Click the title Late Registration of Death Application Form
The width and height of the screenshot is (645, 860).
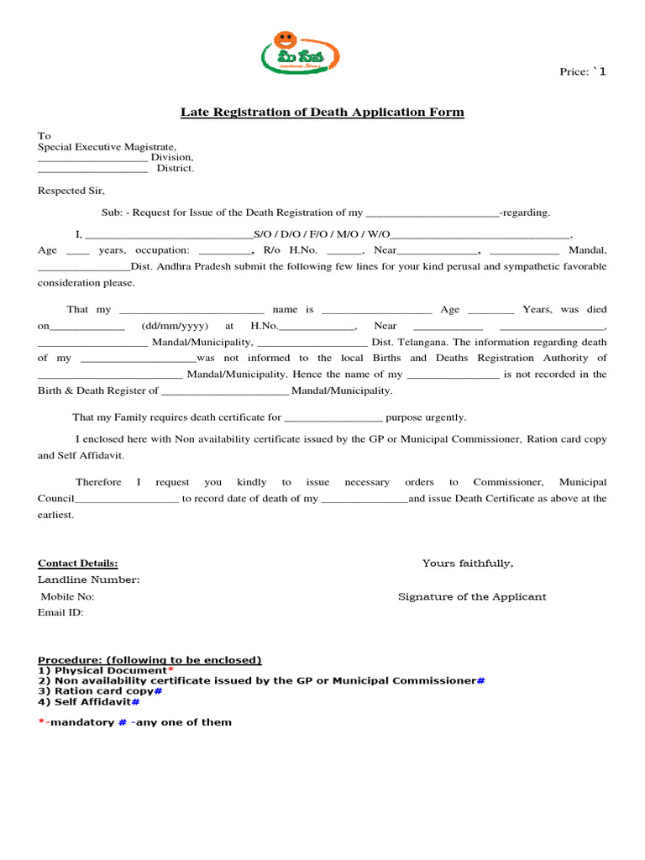click(322, 113)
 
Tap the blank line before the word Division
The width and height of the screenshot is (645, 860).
click(92, 159)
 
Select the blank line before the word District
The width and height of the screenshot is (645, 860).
click(92, 170)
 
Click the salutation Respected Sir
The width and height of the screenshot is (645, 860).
click(71, 191)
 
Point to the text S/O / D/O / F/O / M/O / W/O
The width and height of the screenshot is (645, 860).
click(322, 236)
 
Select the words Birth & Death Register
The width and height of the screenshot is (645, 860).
click(92, 391)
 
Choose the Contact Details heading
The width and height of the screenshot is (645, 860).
click(77, 564)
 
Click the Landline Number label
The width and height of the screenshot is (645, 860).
click(88, 580)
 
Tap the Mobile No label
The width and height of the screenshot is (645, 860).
click(68, 597)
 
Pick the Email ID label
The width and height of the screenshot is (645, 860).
click(60, 613)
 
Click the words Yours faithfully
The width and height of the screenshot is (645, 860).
click(468, 564)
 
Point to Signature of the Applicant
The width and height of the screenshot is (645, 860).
click(472, 597)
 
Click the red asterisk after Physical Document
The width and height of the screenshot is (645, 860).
click(170, 669)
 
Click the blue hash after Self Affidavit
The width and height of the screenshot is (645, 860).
click(135, 701)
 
